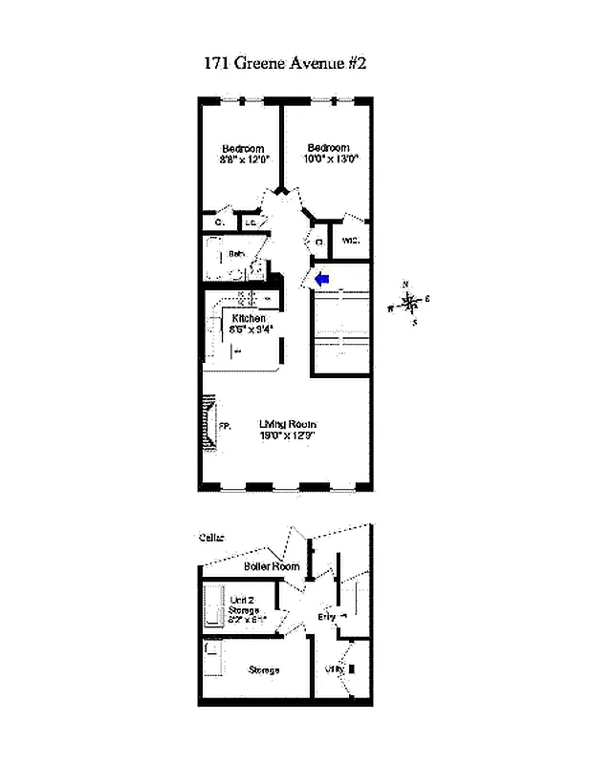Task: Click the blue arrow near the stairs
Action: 322,278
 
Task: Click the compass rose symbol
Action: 410,304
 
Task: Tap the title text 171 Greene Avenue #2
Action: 285,64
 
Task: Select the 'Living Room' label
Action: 288,424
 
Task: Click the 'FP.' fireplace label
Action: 225,427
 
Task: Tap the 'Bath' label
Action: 237,254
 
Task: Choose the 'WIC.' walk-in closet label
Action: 350,241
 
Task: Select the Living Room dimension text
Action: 288,435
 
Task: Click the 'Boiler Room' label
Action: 272,566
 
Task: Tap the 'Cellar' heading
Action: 213,538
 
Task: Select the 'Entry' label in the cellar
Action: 326,618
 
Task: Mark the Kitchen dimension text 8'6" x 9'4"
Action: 251,329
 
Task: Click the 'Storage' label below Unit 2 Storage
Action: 264,670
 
